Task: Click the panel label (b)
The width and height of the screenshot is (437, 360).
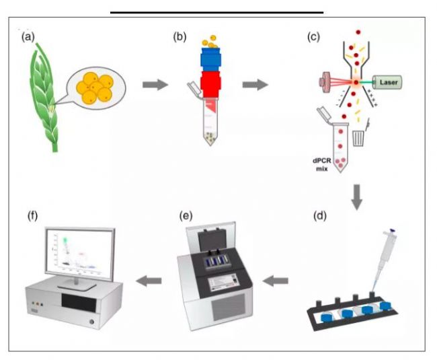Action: [x=180, y=36]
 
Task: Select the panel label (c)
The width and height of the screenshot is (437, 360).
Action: [x=313, y=36]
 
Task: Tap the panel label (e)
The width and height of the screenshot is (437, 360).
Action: [x=187, y=217]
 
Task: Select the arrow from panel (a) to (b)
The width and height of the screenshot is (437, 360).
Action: [x=155, y=86]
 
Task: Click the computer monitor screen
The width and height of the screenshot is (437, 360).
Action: [x=77, y=253]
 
